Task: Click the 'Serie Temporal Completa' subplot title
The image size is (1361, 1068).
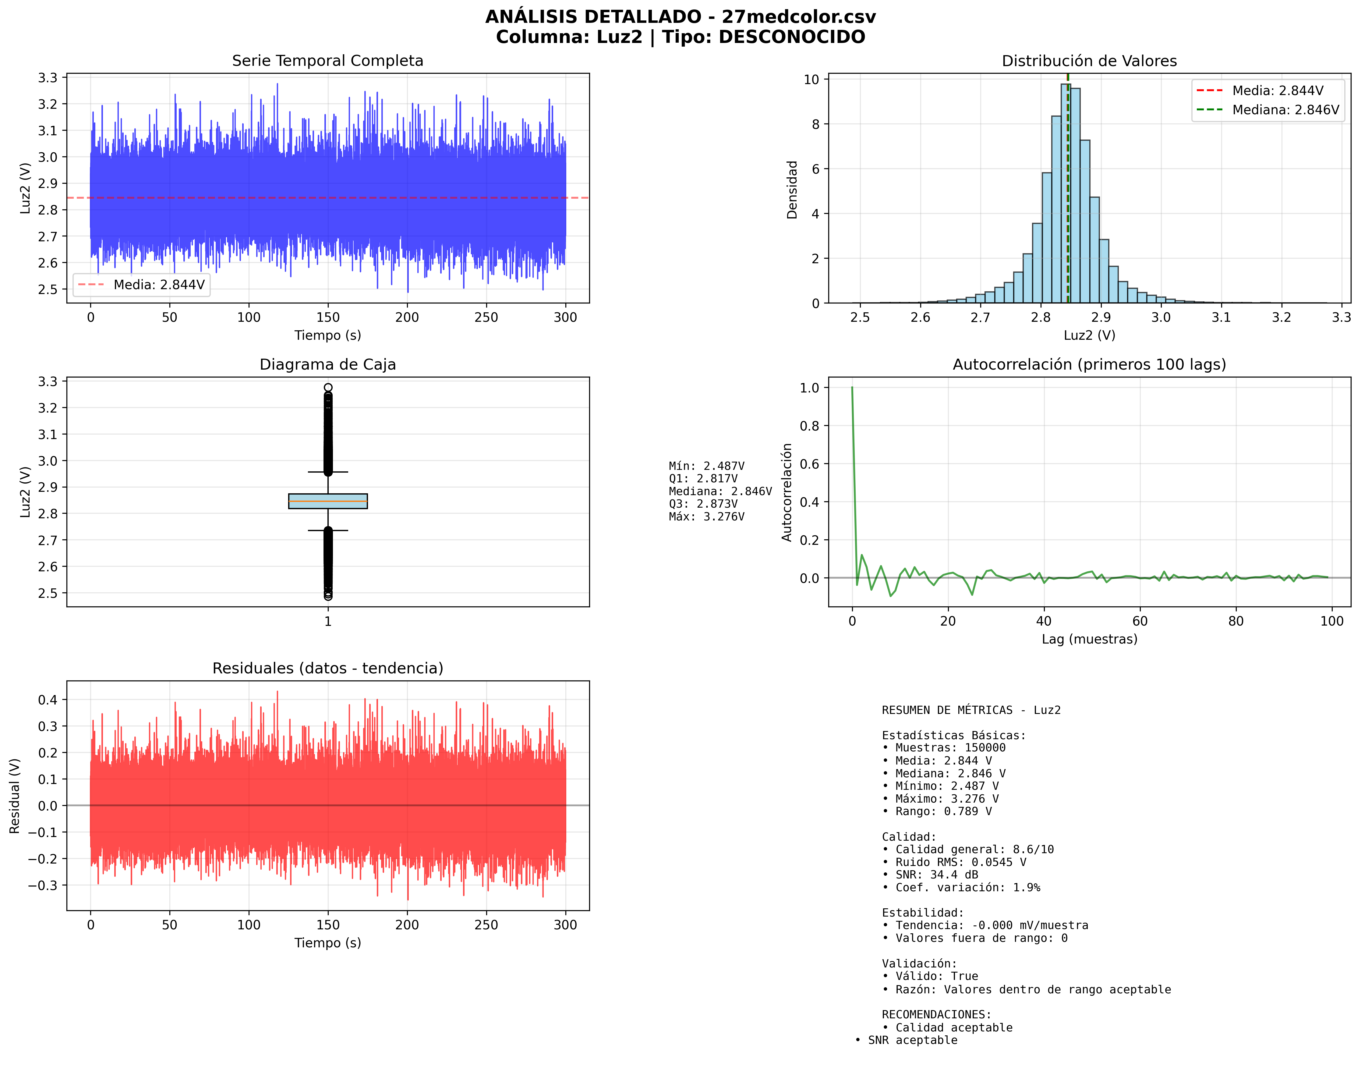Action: tap(327, 61)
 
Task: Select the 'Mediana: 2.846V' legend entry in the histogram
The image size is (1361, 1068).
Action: tap(1285, 110)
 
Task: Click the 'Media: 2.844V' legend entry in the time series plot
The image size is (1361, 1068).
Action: tap(159, 285)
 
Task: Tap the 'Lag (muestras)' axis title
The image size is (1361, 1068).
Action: tap(1089, 639)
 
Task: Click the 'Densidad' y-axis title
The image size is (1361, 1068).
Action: tap(792, 190)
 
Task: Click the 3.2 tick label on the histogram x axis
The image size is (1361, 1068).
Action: tap(1281, 318)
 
